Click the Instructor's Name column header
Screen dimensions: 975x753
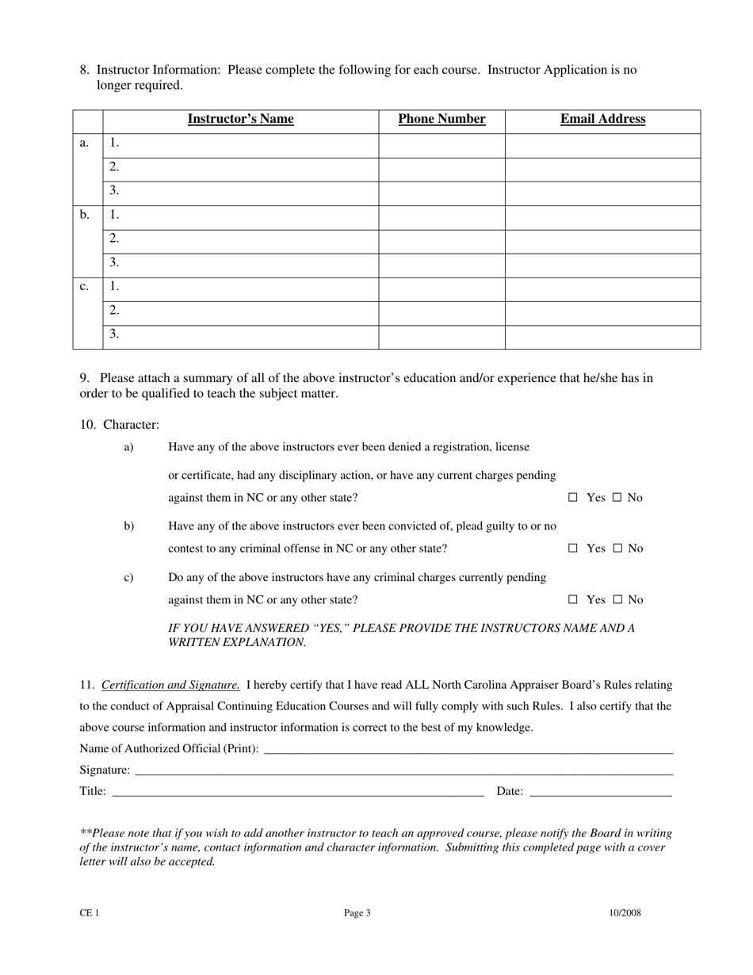click(240, 120)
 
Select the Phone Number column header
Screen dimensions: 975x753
click(441, 120)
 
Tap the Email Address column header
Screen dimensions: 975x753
click(602, 120)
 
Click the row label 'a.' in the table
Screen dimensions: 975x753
click(85, 143)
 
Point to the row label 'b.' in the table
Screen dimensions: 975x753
click(85, 215)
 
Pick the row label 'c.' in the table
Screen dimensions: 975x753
click(85, 286)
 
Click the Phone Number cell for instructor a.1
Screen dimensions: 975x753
click(441, 146)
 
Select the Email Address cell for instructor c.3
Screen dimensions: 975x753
click(602, 337)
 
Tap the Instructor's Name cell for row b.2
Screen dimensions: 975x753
click(240, 242)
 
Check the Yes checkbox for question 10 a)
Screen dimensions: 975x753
click(573, 498)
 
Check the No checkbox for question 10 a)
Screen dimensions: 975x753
click(617, 498)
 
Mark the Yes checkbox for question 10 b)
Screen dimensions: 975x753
click(573, 549)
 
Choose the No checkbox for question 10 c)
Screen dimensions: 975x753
click(617, 600)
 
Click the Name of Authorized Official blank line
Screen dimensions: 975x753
click(468, 748)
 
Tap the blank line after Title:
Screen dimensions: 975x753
click(297, 791)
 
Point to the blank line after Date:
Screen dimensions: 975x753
click(600, 791)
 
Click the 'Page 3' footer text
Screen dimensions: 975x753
click(357, 913)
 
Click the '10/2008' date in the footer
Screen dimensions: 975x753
click(625, 913)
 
